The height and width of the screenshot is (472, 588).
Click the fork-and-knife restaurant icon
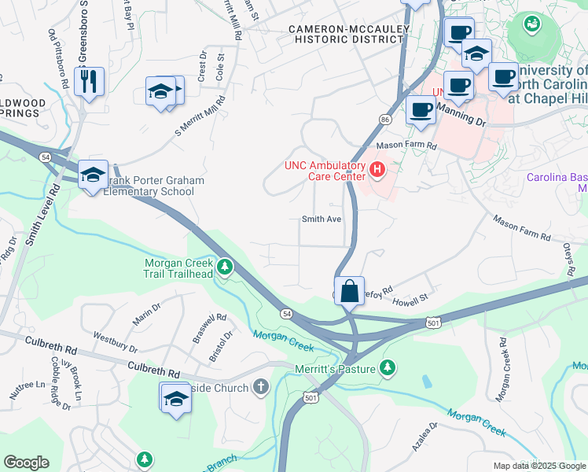coord(89,80)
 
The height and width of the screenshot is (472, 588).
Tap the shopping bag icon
coord(349,289)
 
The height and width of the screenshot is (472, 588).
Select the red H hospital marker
coord(377,168)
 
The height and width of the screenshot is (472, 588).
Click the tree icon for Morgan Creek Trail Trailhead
coord(225,268)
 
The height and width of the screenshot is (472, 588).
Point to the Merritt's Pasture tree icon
coord(387,367)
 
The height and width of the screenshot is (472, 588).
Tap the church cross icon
coord(261,387)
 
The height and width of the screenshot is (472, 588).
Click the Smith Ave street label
coord(322,219)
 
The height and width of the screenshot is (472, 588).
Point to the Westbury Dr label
coord(116,345)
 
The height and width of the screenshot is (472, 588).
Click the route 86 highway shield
coord(384,119)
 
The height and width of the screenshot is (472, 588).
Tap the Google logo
coord(26,463)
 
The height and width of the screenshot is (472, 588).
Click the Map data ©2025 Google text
coord(538,466)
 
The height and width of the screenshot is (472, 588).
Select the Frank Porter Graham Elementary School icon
coord(93,174)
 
